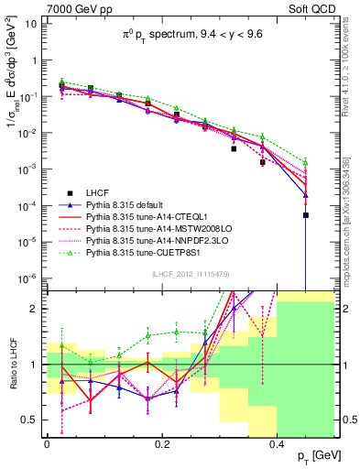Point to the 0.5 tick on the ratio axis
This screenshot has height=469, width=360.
[x=33, y=420]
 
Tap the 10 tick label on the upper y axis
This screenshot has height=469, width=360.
[x=31, y=24]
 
